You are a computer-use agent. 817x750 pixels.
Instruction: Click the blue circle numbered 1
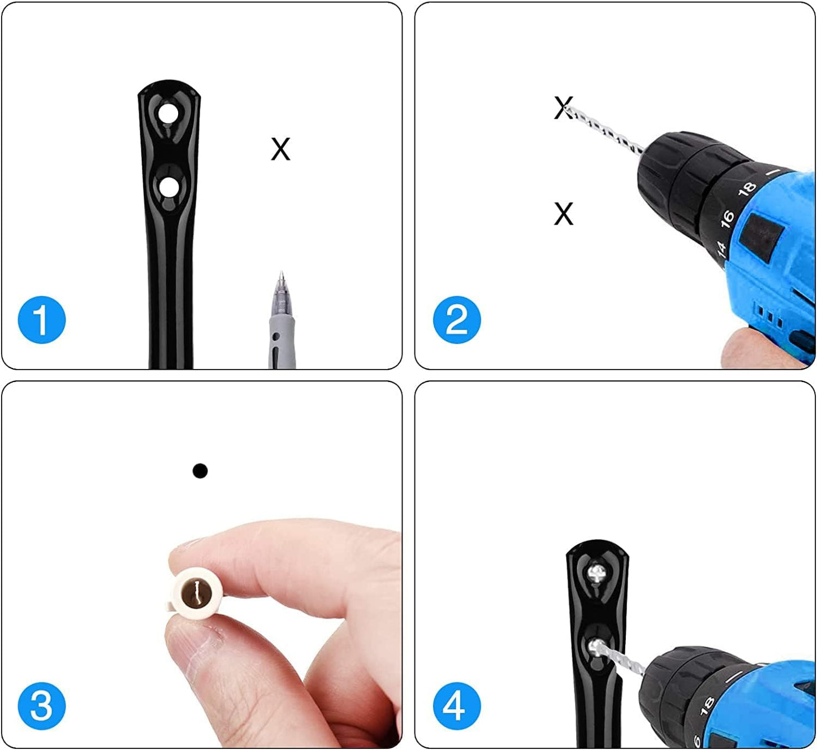pos(41,320)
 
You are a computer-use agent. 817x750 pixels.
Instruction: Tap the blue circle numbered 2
pos(457,320)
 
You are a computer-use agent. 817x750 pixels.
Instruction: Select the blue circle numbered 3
pos(41,706)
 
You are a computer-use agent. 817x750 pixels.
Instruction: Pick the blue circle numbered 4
pos(457,706)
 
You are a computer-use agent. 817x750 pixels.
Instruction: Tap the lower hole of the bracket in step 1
pos(167,188)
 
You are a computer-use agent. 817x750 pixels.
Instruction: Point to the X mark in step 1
pos(280,149)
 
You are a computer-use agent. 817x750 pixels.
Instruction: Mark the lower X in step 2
pos(564,214)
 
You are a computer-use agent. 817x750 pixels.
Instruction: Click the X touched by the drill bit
pos(563,107)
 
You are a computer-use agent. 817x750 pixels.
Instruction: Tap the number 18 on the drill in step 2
pos(748,189)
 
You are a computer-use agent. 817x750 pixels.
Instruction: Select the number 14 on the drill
pos(720,249)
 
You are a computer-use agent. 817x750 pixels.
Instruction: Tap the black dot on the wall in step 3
pos(200,471)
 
